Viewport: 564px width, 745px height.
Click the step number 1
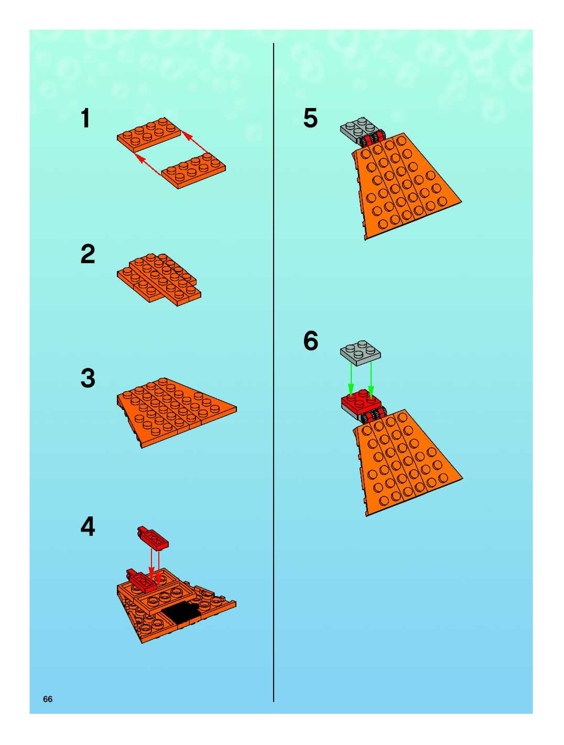tap(86, 118)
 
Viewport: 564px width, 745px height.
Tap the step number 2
tap(88, 254)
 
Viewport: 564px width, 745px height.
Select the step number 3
tap(88, 378)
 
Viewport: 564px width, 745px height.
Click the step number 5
tap(311, 118)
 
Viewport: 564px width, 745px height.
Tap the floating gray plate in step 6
tap(360, 353)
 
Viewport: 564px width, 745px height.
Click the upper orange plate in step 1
tap(149, 134)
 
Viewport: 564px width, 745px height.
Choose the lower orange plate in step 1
tap(194, 171)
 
